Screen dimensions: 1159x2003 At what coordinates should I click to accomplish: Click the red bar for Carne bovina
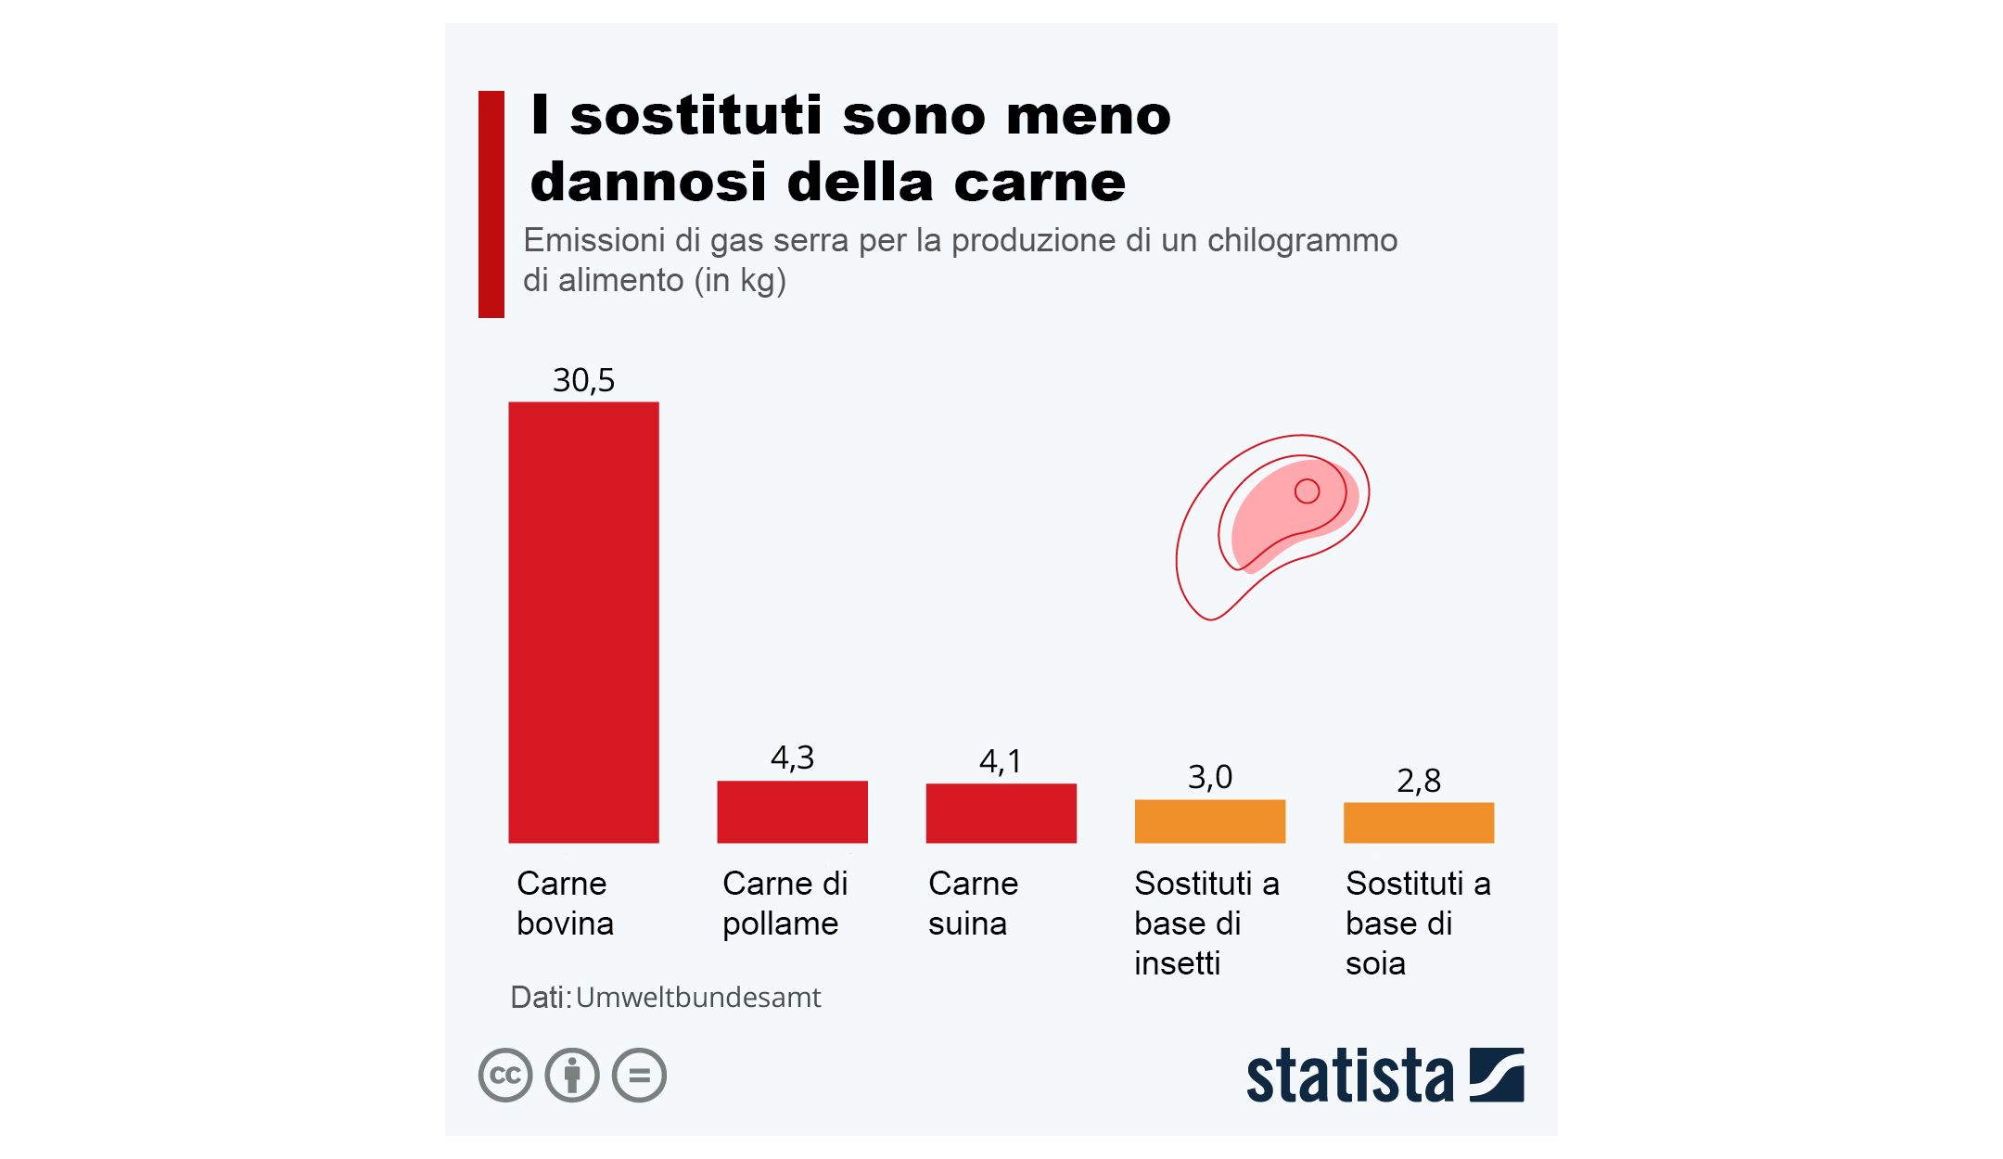pyautogui.click(x=583, y=621)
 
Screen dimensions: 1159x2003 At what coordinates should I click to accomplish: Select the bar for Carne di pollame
pyautogui.click(x=792, y=811)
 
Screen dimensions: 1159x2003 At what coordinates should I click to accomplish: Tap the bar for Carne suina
pyautogui.click(x=1001, y=813)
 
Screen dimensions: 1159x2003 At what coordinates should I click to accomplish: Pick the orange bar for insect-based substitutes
pyautogui.click(x=1209, y=821)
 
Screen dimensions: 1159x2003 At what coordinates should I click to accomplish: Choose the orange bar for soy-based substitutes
pyautogui.click(x=1418, y=822)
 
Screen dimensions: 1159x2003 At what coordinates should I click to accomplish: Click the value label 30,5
pyautogui.click(x=583, y=380)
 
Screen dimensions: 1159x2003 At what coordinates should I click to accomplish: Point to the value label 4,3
pyautogui.click(x=792, y=758)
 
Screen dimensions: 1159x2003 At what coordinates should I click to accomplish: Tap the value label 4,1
pyautogui.click(x=1001, y=762)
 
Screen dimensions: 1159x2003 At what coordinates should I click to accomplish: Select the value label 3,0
pyautogui.click(x=1209, y=777)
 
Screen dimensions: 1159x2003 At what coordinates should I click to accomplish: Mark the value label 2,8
pyautogui.click(x=1418, y=781)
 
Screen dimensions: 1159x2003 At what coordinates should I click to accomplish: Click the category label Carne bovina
pyautogui.click(x=564, y=903)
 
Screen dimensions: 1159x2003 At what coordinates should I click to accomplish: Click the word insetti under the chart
pyautogui.click(x=1176, y=963)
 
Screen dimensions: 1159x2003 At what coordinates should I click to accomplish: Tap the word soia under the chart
pyautogui.click(x=1375, y=963)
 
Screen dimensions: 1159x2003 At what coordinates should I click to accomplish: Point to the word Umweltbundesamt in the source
pyautogui.click(x=697, y=998)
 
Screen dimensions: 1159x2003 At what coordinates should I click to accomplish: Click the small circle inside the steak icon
pyautogui.click(x=1307, y=490)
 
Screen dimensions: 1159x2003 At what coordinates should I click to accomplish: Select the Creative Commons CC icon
pyautogui.click(x=505, y=1075)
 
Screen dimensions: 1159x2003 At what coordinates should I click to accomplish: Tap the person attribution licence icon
pyautogui.click(x=572, y=1075)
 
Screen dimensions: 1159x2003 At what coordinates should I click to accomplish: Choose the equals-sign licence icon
pyautogui.click(x=639, y=1075)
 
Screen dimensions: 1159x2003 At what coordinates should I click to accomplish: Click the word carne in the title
pyautogui.click(x=1040, y=182)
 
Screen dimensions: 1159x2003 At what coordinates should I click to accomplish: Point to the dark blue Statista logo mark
pyautogui.click(x=1496, y=1075)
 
